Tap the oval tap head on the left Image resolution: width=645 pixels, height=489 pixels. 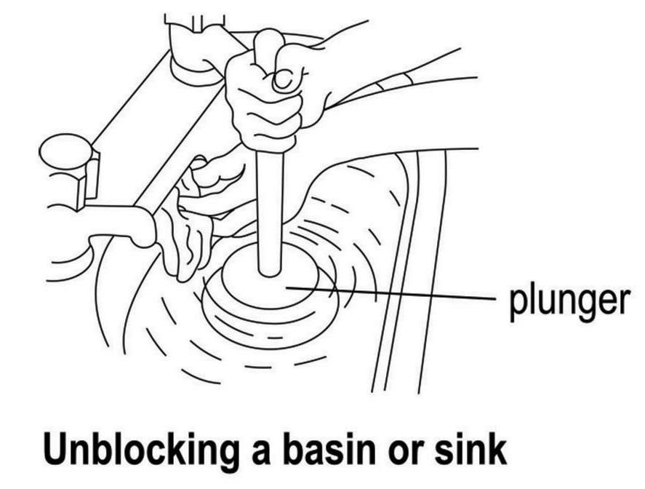[65, 151]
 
